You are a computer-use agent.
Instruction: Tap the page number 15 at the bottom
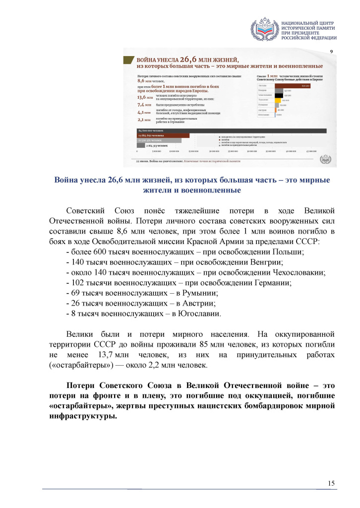click(x=332, y=483)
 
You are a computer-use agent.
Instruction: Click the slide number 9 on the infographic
click(x=331, y=52)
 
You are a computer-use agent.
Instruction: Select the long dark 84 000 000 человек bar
click(x=229, y=130)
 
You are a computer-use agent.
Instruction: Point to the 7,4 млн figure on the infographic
click(x=144, y=105)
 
